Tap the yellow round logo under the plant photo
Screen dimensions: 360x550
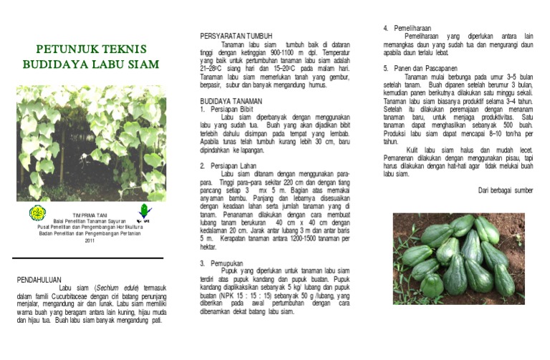point(37,213)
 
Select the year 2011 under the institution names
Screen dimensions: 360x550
point(90,240)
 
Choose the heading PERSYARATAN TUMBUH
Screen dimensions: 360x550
point(236,36)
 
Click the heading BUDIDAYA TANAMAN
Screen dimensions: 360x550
point(231,101)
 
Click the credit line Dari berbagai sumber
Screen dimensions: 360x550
point(505,190)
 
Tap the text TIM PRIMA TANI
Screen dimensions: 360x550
point(90,215)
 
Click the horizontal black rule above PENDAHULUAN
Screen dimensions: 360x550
point(87,258)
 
